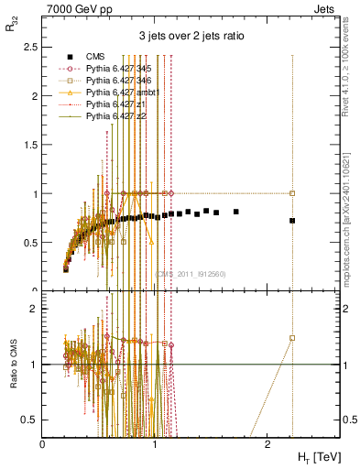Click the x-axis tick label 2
coord(267,444)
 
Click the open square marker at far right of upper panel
coord(292,193)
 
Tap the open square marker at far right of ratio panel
coord(292,338)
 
